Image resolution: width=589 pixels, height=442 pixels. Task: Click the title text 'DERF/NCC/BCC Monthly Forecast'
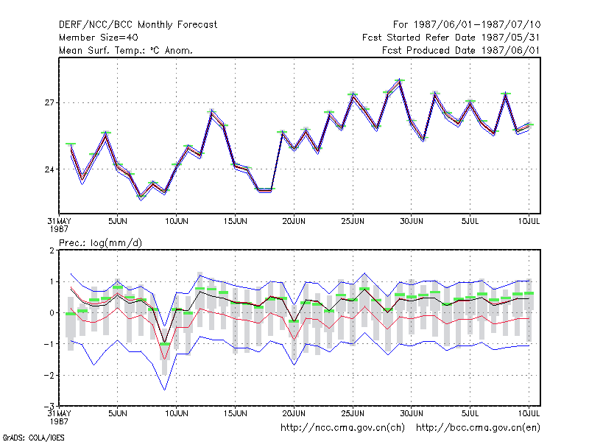pyautogui.click(x=138, y=25)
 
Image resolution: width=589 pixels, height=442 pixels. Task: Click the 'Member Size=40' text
pyautogui.click(x=99, y=38)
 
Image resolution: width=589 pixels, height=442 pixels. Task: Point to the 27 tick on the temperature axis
pyautogui.click(x=49, y=102)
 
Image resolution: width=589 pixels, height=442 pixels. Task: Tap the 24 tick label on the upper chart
pyautogui.click(x=49, y=169)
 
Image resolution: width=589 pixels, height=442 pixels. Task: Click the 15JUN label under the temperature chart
pyautogui.click(x=235, y=222)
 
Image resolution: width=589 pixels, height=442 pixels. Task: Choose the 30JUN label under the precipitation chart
pyautogui.click(x=412, y=413)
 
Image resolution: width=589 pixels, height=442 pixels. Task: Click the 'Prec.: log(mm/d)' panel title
pyautogui.click(x=100, y=243)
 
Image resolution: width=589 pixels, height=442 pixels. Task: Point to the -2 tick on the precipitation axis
pyautogui.click(x=49, y=376)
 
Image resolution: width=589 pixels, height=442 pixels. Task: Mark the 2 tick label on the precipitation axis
pyautogui.click(x=52, y=250)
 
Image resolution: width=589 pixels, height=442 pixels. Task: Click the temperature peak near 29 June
pyautogui.click(x=400, y=80)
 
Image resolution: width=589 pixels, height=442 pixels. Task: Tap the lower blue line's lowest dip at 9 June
pyautogui.click(x=164, y=390)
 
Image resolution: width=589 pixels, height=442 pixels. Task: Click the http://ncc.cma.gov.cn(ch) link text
pyautogui.click(x=342, y=428)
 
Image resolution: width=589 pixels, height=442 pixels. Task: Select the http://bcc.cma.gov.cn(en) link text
pyautogui.click(x=478, y=428)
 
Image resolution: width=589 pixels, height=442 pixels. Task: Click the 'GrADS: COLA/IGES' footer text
pyautogui.click(x=33, y=438)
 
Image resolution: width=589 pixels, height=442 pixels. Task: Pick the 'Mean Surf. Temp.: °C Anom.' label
pyautogui.click(x=126, y=50)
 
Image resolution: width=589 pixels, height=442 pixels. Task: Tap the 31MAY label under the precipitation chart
pyautogui.click(x=60, y=413)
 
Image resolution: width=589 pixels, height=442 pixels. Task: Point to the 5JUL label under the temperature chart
pyautogui.click(x=470, y=222)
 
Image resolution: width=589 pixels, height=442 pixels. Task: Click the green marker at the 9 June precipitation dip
pyautogui.click(x=164, y=344)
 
